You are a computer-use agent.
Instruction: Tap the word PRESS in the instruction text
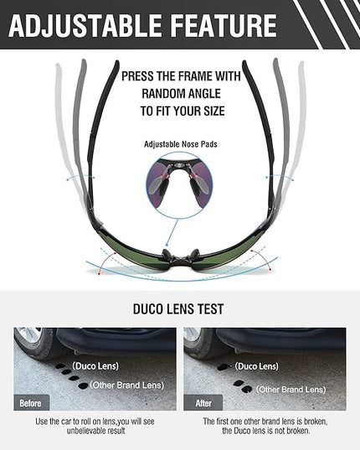(137, 76)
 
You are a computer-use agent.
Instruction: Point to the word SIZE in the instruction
(213, 111)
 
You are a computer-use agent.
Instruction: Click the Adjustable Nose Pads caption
(181, 144)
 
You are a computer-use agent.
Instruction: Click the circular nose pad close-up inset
(179, 184)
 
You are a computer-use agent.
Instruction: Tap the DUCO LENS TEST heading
(178, 309)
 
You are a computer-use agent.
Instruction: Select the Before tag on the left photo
(31, 403)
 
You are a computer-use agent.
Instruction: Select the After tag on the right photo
(203, 403)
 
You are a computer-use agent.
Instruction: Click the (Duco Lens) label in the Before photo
(95, 366)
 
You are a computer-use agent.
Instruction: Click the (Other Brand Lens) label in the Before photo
(127, 385)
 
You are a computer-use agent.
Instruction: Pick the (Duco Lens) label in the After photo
(256, 366)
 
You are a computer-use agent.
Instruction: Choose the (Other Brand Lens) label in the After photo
(291, 390)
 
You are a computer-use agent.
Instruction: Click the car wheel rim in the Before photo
(28, 334)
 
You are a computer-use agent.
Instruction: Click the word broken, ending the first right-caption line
(316, 422)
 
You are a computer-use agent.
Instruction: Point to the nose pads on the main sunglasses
(180, 255)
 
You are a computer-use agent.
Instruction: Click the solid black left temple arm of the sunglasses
(102, 132)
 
